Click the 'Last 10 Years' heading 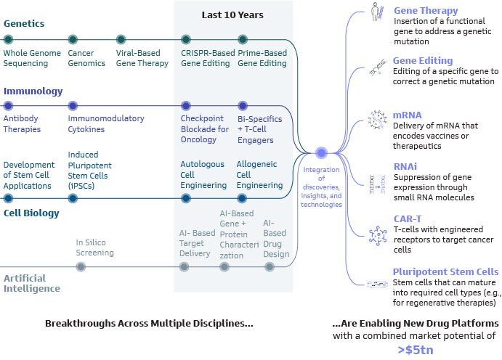point(233,15)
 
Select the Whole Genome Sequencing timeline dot point(9,39)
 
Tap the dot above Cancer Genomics point(72,39)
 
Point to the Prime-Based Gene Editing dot point(243,39)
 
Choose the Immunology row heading point(33,91)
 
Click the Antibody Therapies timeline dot point(9,105)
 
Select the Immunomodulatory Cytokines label point(105,123)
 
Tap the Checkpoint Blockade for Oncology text point(204,129)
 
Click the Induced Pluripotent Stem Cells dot point(72,197)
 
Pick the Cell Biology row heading point(31,213)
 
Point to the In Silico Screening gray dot point(81,266)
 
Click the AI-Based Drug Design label point(275,239)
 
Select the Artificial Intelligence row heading point(31,283)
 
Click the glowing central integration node point(321,152)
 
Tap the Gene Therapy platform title point(426,11)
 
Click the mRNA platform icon point(377,120)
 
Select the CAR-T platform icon point(377,234)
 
